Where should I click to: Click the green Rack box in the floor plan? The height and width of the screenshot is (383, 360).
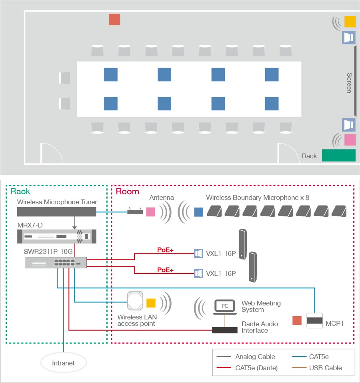[338, 155]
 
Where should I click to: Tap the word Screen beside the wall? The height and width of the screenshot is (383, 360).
[349, 83]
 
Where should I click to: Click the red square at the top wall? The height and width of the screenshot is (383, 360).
[114, 20]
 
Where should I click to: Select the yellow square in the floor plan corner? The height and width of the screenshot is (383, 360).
[350, 22]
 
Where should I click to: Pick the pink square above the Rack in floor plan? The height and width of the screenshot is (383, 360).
[350, 140]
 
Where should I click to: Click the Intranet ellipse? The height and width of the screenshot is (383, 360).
[64, 363]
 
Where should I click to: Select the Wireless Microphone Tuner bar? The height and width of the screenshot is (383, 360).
[57, 212]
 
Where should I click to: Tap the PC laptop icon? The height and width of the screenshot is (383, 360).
[225, 307]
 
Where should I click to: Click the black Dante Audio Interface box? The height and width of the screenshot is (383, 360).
[225, 330]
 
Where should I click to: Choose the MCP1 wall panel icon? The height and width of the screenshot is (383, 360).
[314, 321]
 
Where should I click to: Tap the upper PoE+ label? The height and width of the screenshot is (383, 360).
[165, 250]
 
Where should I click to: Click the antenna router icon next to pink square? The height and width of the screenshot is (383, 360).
[135, 211]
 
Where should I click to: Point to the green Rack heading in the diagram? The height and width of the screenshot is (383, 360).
[20, 191]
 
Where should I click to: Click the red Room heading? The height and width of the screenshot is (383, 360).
[127, 191]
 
